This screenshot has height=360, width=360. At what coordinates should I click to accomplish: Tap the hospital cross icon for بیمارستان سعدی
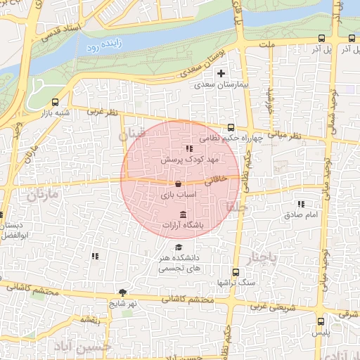221,73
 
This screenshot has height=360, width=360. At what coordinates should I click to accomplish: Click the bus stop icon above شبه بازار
56,102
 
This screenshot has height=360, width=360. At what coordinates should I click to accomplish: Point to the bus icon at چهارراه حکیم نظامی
231,127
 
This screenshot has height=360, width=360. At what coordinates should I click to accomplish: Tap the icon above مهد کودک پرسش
188,148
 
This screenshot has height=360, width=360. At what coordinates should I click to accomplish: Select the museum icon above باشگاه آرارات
183,214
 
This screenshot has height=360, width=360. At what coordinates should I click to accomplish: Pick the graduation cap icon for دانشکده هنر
179,247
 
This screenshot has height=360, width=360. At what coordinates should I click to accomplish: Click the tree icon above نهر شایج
123,292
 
